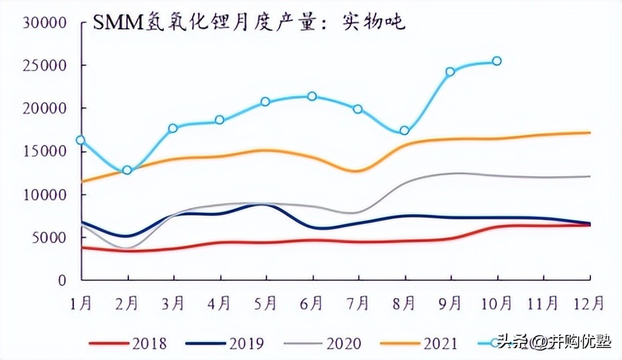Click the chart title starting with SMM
pos(249,23)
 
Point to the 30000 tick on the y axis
pos(44,22)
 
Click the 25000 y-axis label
pos(44,65)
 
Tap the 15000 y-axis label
pos(44,151)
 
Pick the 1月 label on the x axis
pos(81,304)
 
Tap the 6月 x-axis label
pos(312,304)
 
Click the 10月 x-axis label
pos(497,304)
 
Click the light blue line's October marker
pos(497,61)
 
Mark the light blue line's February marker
pos(127,170)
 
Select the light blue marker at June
pos(312,96)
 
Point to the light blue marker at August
pos(404,130)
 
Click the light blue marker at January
pos(81,140)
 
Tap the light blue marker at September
pos(450,71)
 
